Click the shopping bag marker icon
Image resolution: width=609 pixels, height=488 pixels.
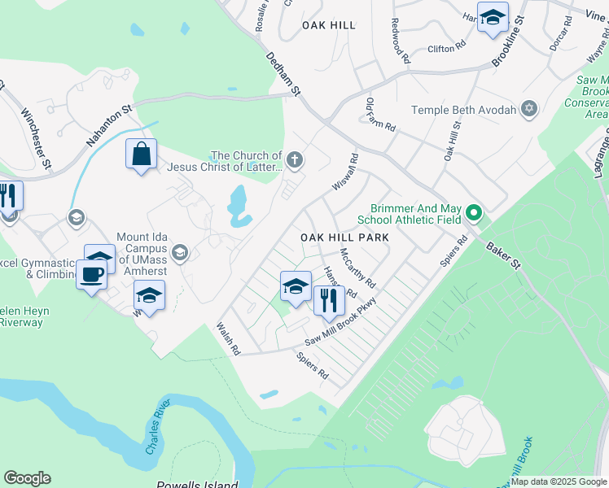click(x=142, y=153)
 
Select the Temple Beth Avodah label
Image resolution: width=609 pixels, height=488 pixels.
click(x=464, y=110)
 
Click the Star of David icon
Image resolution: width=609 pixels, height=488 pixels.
click(x=529, y=109)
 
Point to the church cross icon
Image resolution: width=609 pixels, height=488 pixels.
click(x=295, y=160)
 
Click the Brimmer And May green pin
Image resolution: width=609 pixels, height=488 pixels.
click(x=475, y=214)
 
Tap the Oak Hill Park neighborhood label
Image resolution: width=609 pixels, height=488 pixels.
click(x=344, y=237)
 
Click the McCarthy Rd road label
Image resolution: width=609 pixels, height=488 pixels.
click(x=357, y=268)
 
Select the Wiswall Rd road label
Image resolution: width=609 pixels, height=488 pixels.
click(x=345, y=174)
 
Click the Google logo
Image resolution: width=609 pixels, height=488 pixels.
click(x=27, y=478)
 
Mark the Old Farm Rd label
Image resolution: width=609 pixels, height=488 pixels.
click(x=380, y=115)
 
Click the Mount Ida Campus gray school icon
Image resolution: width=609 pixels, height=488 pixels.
click(x=180, y=253)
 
